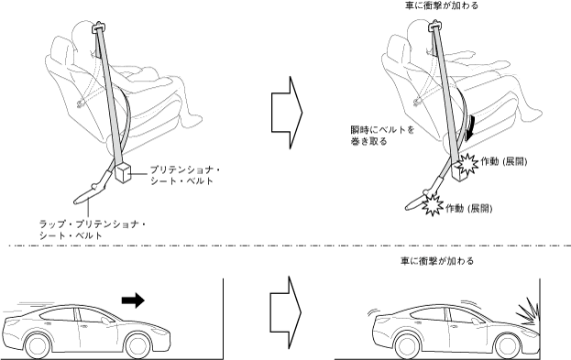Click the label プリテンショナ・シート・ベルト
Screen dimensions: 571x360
click(x=185, y=176)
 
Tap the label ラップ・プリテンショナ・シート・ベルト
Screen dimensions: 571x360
click(x=93, y=230)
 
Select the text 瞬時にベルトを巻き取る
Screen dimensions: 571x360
click(x=382, y=136)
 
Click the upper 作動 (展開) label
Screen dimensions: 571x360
click(x=504, y=161)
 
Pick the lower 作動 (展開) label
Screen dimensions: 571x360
click(x=469, y=209)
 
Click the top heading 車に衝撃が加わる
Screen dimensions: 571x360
click(x=442, y=5)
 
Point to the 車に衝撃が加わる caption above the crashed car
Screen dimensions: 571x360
click(x=437, y=261)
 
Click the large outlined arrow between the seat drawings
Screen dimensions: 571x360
click(x=287, y=113)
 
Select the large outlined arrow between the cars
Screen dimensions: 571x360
click(x=286, y=312)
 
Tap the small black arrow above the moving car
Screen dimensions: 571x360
click(x=133, y=300)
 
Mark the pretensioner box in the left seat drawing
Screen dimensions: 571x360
click(x=123, y=172)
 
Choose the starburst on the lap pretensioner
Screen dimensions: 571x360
click(x=433, y=205)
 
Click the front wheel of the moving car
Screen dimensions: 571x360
click(x=137, y=345)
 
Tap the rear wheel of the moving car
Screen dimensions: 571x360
click(x=38, y=345)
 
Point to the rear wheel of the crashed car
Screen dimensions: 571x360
click(x=408, y=345)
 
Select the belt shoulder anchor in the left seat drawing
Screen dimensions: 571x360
click(x=98, y=27)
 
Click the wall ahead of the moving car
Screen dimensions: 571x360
click(x=223, y=319)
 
